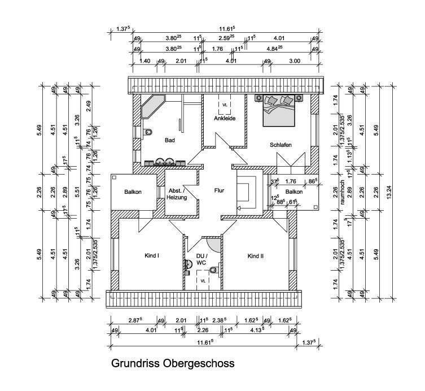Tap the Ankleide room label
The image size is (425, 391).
click(x=224, y=119)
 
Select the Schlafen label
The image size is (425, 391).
click(x=281, y=145)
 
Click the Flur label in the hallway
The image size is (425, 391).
click(x=219, y=191)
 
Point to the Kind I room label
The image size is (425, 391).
click(x=152, y=256)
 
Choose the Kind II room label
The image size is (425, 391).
click(x=255, y=256)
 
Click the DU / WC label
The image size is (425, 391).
click(x=201, y=259)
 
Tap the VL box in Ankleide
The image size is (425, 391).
click(x=224, y=105)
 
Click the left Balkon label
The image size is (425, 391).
click(x=133, y=192)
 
